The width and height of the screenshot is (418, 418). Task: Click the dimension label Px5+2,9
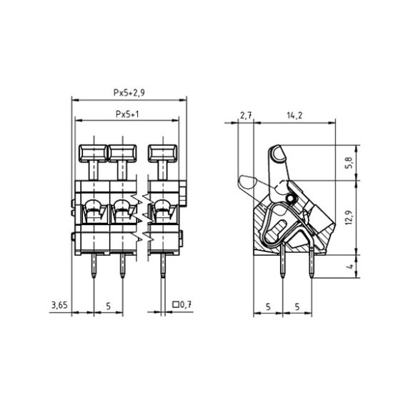129,93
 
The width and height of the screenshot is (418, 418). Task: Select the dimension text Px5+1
127,114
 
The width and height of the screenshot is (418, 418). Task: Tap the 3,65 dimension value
60,304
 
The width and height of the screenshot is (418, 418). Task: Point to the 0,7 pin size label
186,304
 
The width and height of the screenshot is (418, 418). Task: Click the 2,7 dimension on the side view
246,116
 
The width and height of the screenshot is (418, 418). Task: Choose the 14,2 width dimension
294,116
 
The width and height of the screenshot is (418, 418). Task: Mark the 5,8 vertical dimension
349,162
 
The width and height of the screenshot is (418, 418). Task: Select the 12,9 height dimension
349,217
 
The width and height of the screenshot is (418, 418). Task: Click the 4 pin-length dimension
350,266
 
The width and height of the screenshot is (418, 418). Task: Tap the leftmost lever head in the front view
93,154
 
